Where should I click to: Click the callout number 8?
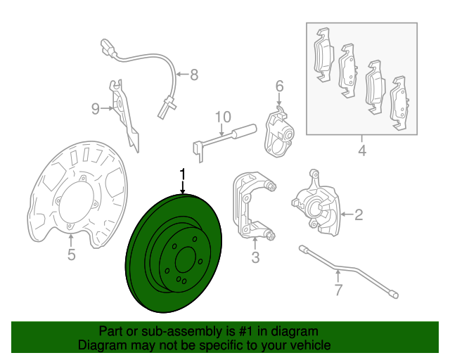pos(194,75)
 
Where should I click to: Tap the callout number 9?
pos(96,109)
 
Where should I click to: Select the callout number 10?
pos(223,117)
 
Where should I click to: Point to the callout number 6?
pos(280,86)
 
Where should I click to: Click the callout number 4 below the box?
pos(362,150)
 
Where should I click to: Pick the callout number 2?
pos(359,214)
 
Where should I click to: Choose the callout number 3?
pos(255,257)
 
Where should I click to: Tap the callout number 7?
pos(339,290)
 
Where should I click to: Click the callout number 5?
pos(72,255)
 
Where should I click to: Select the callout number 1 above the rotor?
pos(183,175)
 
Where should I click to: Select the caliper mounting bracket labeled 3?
pos(252,205)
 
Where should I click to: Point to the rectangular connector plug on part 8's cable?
pos(108,47)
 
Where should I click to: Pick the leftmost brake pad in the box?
pos(324,55)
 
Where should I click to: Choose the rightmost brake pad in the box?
pos(399,103)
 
